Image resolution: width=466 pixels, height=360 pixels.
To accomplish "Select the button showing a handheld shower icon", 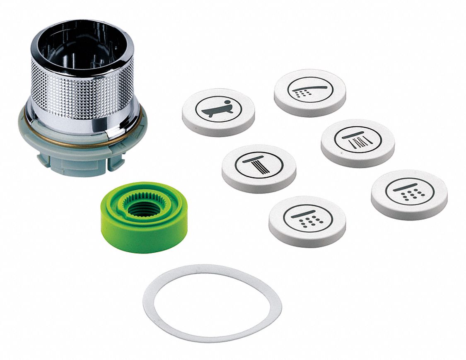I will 309,92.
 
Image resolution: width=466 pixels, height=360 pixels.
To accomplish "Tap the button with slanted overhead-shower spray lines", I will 357,143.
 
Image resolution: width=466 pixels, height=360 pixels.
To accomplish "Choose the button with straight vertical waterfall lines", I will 259,168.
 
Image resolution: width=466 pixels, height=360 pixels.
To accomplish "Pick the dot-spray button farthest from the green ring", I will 409,194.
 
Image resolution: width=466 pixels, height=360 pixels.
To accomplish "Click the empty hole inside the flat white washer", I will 211,302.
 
